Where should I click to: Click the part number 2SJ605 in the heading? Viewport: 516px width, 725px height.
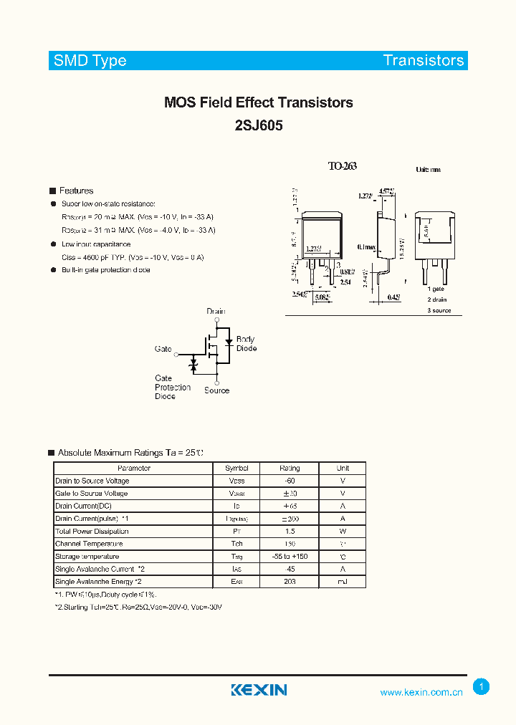click(259, 125)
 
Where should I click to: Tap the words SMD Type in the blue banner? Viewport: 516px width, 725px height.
click(90, 61)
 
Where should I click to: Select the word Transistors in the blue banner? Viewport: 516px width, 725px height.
click(424, 61)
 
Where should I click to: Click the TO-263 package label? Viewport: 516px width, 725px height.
click(342, 166)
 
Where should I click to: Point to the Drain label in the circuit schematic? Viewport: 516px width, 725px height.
click(216, 311)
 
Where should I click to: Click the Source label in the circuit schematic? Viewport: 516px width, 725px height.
click(216, 390)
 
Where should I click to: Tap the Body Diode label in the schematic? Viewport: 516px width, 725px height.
click(247, 344)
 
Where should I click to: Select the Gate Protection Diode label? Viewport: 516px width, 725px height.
click(173, 387)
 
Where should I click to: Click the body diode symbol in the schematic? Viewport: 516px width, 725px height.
click(229, 342)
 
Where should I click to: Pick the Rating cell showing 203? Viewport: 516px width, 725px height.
click(290, 582)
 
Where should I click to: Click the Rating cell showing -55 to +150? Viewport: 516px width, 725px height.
click(290, 557)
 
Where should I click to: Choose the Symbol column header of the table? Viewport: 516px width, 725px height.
click(236, 468)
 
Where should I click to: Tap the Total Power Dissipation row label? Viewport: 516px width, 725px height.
click(92, 532)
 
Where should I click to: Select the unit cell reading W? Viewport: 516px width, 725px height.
click(343, 532)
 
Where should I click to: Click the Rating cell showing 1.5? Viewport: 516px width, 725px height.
click(290, 532)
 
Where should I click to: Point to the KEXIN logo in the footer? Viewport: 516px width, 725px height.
click(259, 690)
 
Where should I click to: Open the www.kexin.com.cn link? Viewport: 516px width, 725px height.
click(421, 692)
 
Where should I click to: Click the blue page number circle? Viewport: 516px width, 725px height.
click(482, 687)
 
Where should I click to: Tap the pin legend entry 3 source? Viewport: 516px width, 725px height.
click(439, 310)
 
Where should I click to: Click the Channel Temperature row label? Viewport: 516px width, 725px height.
click(92, 544)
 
